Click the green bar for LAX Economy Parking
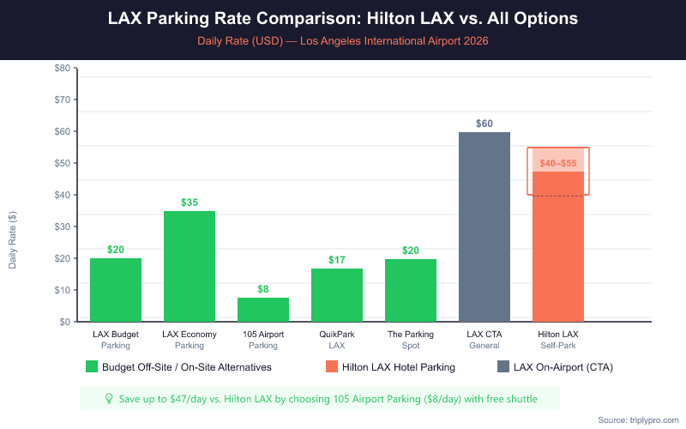click(x=190, y=266)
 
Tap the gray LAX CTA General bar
click(x=484, y=227)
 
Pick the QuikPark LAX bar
click(x=337, y=295)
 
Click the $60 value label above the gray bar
click(x=484, y=124)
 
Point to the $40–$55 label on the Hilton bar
click(x=558, y=162)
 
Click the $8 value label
click(x=263, y=289)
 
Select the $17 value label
click(x=337, y=260)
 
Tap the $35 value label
click(x=190, y=202)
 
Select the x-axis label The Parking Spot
click(x=411, y=340)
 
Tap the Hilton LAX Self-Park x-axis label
click(x=558, y=340)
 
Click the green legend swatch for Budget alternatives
click(x=92, y=367)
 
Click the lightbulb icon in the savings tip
click(x=109, y=398)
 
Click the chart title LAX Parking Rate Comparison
click(x=343, y=19)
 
